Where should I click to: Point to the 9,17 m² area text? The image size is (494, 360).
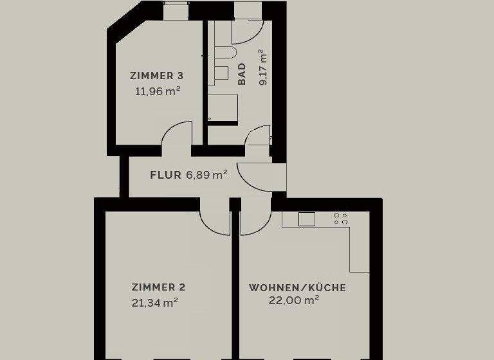(x=262, y=67)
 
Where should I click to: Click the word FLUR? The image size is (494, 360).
(x=165, y=174)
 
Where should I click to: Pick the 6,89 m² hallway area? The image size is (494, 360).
(x=206, y=174)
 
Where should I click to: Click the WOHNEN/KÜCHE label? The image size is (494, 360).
(x=297, y=287)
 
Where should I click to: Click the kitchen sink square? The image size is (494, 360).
(x=307, y=219)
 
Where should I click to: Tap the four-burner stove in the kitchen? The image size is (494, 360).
(x=340, y=219)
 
